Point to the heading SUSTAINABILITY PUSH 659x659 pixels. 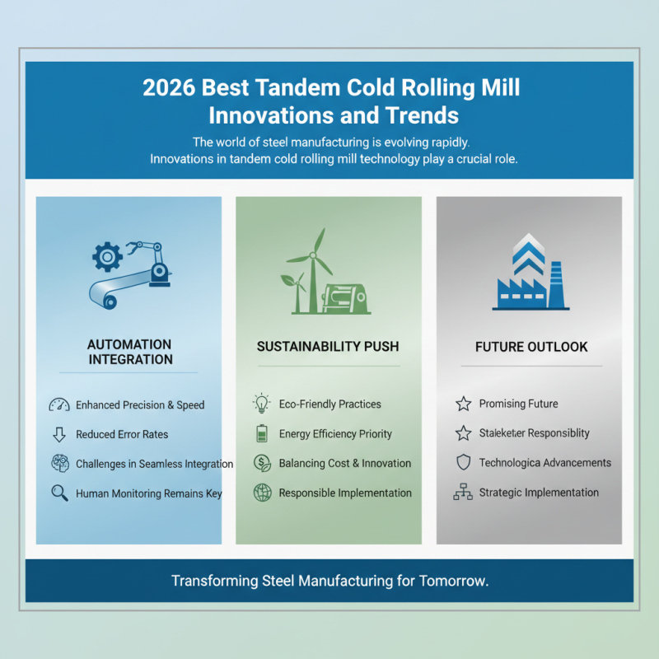329,347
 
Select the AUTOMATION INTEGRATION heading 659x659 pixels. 129,352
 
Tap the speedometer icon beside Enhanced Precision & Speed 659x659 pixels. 58,405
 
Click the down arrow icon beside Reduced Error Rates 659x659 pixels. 58,434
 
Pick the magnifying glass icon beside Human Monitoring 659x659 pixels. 58,493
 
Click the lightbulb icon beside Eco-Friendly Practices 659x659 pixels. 261,404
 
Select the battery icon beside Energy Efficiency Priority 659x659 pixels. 261,434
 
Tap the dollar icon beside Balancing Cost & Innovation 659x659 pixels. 261,463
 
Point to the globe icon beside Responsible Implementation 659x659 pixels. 261,493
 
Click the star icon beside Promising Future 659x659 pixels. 463,404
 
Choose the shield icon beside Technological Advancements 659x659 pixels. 463,463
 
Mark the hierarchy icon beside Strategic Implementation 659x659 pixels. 463,493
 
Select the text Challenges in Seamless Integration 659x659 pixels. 154,464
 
